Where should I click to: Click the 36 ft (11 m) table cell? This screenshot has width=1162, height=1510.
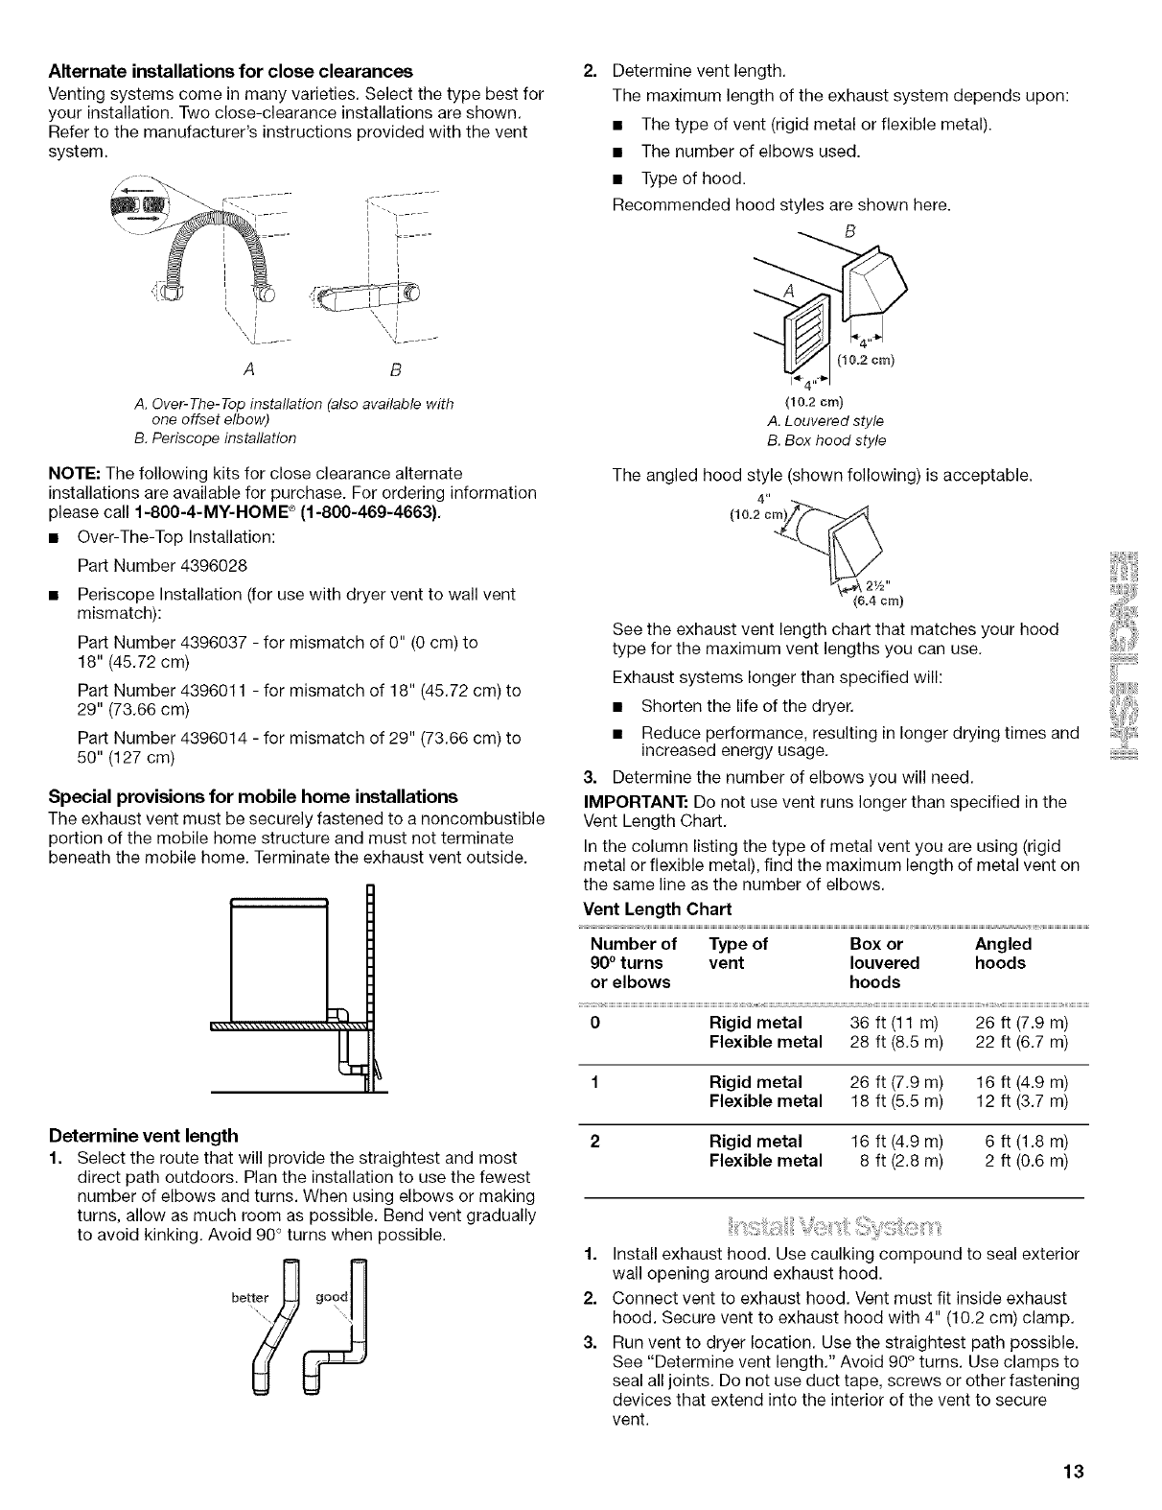coord(897,1023)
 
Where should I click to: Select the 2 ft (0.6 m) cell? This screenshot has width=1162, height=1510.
coord(1022,1161)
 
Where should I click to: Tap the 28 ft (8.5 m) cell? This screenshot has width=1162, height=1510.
coord(897,1042)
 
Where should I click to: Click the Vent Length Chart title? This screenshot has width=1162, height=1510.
coord(657,908)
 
